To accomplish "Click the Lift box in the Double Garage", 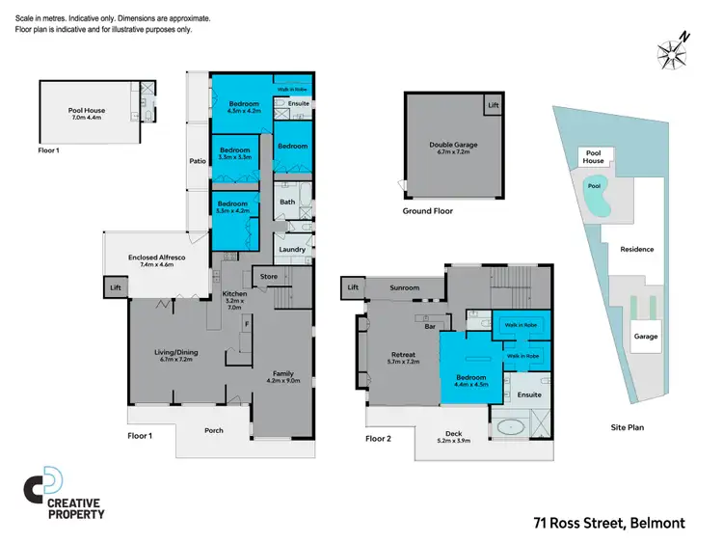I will point(494,104).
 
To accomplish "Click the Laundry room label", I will point(292,250).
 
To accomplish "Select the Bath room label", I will point(287,202).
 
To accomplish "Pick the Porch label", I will point(215,430).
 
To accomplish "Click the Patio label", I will point(198,161).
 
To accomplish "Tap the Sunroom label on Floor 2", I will point(404,287).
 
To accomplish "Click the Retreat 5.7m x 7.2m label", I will point(402,358).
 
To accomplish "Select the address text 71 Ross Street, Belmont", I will point(609,523).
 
